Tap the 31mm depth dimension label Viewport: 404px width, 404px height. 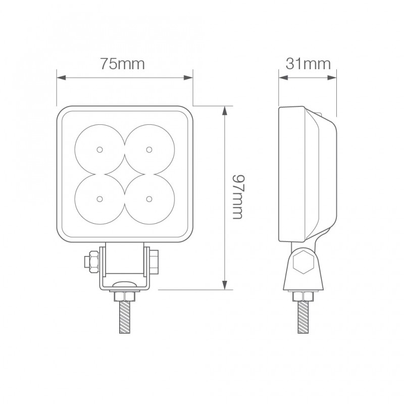[x=308, y=64]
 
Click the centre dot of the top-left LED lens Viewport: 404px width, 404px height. [x=99, y=149]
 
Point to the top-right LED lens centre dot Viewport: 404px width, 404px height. [x=148, y=149]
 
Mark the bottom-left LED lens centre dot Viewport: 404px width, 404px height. [x=99, y=197]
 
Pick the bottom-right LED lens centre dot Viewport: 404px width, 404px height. [x=148, y=197]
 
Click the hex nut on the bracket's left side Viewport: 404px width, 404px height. [x=92, y=261]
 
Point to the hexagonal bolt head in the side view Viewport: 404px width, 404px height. [x=303, y=263]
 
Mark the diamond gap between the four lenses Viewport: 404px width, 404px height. [x=124, y=173]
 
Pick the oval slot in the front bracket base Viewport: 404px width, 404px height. [x=124, y=286]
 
